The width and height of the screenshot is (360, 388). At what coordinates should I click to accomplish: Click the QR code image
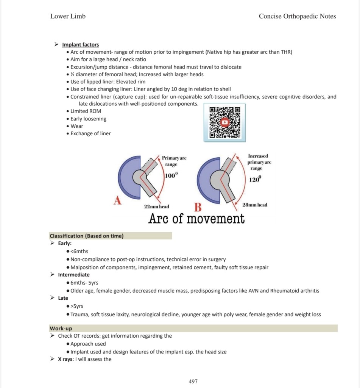coord(225,122)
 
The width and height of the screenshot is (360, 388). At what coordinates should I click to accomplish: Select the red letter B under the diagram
coord(198,207)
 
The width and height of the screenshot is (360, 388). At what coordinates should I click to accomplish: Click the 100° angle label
coord(171,175)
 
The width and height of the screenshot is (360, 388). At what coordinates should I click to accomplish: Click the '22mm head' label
coord(156,207)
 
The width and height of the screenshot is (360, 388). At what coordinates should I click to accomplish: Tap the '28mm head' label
coord(255,205)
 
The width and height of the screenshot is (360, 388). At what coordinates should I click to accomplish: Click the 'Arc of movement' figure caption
coord(196,219)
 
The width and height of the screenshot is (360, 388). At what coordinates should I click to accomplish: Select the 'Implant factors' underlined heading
coord(80,45)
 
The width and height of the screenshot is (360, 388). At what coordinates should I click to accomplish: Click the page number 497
coord(193,381)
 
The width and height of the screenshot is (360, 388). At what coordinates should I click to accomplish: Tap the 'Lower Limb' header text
coord(68,16)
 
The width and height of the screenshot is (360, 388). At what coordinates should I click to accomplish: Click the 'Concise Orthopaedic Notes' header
coord(297,16)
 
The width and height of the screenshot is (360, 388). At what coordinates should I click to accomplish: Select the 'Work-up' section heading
coord(61,328)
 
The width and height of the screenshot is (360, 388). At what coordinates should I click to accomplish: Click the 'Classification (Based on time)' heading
coord(86,236)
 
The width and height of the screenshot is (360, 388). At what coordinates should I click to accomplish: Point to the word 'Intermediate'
coord(74,275)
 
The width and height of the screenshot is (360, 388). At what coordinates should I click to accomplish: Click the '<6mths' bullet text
coord(79,251)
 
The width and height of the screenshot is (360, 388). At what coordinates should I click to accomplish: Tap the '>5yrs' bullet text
coord(78,306)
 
